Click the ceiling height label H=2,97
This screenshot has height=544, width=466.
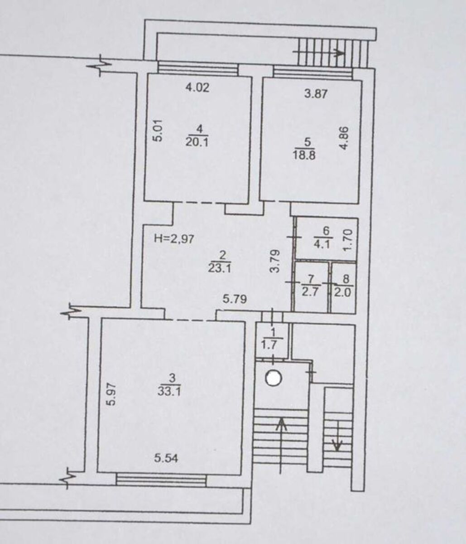174,239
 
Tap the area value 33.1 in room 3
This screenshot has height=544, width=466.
169,392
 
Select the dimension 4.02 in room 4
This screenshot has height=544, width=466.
197,87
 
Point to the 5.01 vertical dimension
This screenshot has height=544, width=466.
159,131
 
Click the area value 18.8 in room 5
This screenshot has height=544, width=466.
304,155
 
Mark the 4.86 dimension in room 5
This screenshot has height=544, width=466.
344,138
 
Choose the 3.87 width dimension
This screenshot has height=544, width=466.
316,94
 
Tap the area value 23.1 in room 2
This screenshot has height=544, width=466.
220,269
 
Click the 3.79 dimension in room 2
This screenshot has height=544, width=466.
275,261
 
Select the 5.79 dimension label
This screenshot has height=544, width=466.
235,299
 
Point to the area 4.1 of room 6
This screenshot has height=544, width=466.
322,245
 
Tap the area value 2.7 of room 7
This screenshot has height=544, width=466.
311,292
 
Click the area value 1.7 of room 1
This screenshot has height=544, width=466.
270,345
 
